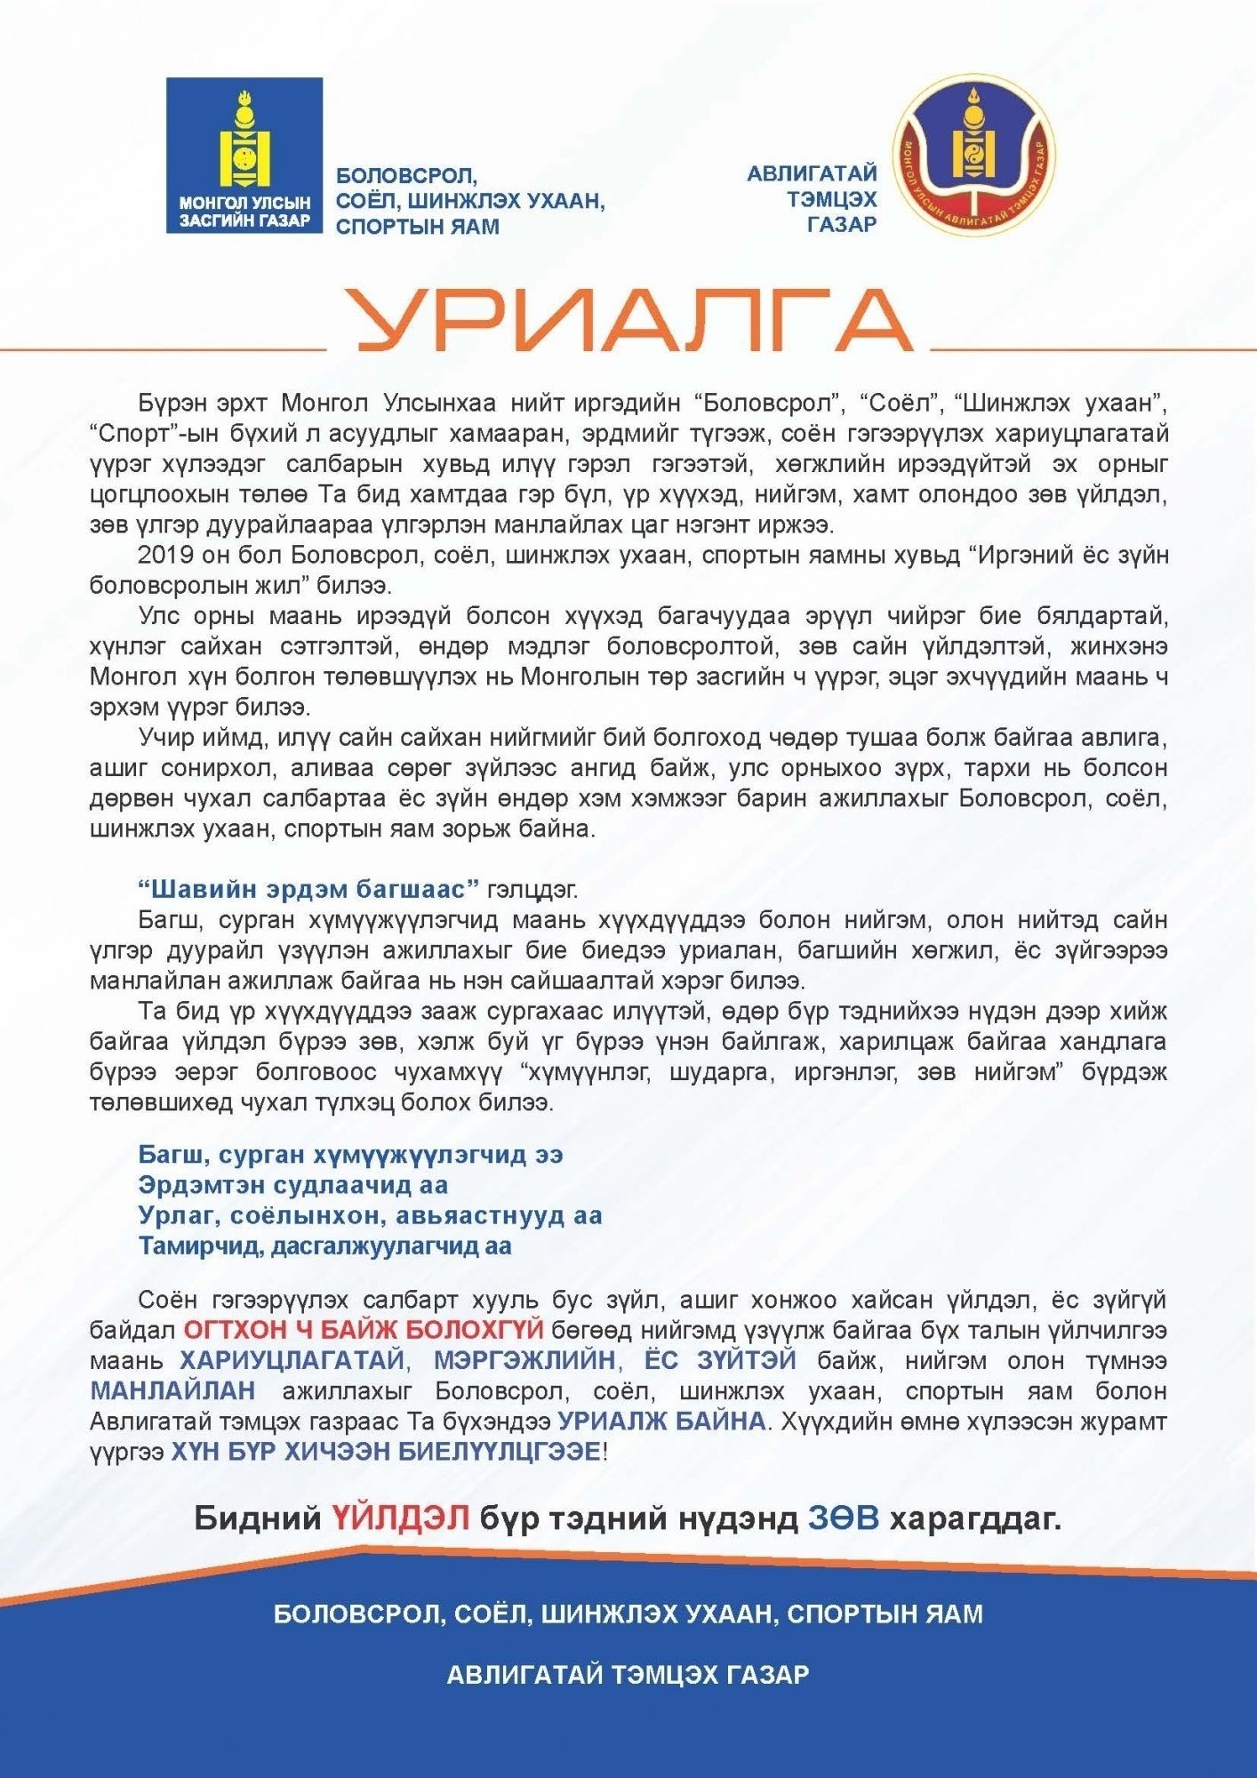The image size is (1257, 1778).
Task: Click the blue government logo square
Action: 244,156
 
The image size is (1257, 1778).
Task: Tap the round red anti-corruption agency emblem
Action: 975,156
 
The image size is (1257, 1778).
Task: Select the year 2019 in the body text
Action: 165,556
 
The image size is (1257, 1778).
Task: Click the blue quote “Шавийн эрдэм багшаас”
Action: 309,889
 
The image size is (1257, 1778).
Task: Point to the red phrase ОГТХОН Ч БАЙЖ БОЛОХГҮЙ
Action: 363,1330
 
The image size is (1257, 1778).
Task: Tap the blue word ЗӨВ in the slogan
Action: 843,1518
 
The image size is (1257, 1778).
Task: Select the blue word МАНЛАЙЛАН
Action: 172,1390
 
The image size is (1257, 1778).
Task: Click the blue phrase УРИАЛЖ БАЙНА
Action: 661,1421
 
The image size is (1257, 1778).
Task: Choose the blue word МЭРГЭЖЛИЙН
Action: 524,1360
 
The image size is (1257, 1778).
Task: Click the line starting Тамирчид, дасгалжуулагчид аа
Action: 324,1245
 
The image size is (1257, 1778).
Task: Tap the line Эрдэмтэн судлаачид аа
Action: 293,1185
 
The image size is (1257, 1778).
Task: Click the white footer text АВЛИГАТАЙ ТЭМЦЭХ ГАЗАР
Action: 628,1675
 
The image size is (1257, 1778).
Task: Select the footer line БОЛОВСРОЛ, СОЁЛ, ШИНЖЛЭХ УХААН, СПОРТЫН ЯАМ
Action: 628,1614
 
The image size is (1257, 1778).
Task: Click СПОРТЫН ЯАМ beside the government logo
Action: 417,226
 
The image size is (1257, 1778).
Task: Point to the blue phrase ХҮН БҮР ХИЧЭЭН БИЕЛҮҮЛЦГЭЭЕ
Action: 385,1451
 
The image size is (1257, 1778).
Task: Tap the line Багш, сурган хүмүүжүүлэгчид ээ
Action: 350,1155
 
